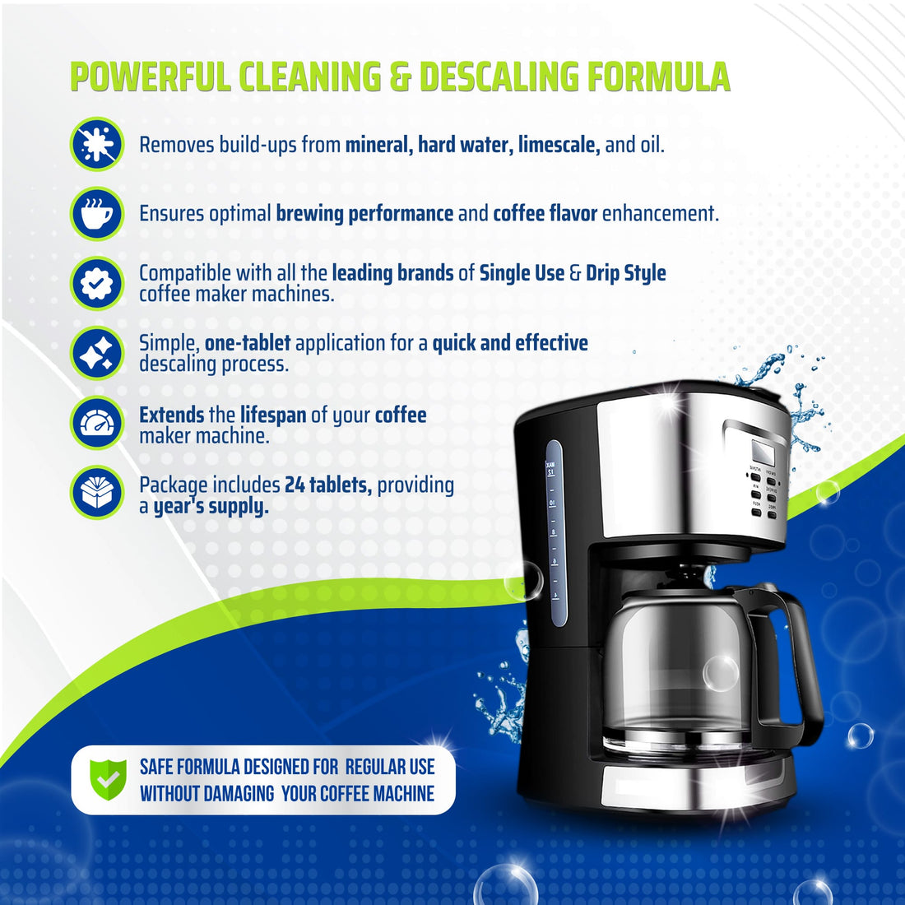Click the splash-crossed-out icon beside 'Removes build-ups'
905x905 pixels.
96,144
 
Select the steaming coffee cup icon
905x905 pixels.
96,213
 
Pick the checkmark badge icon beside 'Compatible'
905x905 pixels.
96,283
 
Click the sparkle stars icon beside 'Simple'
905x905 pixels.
96,353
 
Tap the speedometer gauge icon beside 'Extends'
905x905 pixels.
96,423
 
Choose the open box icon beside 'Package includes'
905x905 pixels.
96,493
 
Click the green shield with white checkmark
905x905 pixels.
108,779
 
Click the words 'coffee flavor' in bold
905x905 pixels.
545,214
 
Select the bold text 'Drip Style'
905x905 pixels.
625,273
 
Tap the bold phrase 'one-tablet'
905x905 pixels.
247,342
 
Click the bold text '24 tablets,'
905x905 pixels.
327,485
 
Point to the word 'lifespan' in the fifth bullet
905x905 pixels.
273,415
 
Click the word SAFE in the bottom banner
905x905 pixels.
156,767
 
